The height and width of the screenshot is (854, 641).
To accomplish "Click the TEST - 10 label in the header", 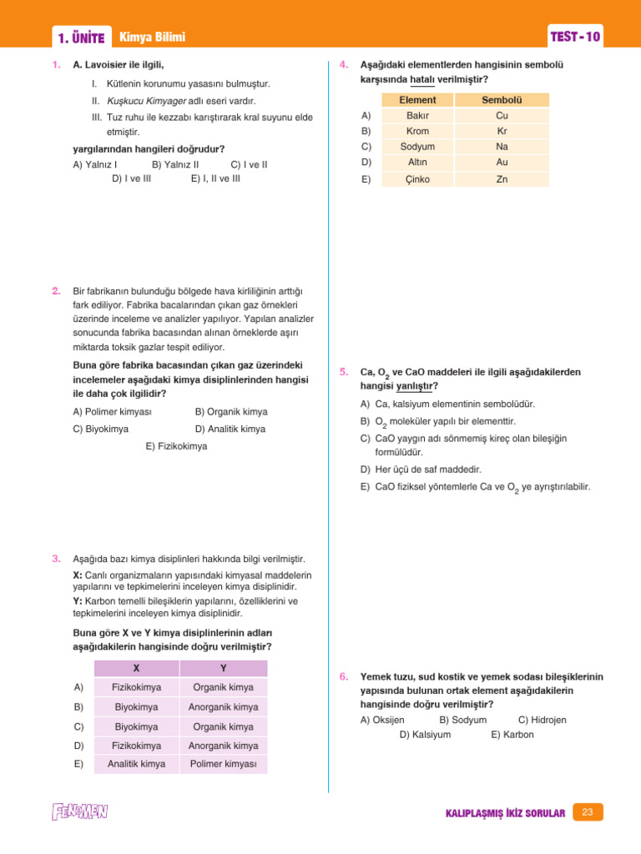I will coord(575,38).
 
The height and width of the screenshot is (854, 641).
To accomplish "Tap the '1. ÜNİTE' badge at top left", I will coord(81,38).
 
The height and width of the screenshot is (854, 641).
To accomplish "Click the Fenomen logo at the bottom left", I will coord(79,811).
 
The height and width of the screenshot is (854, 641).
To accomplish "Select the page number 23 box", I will coord(588,812).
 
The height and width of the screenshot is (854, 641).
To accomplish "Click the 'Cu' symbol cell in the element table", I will coord(502,116).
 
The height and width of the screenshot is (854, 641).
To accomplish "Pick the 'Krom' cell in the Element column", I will coord(417,132).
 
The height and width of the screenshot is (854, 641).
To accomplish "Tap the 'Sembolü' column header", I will coord(502,100).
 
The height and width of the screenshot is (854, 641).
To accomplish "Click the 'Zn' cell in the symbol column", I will coord(502,179).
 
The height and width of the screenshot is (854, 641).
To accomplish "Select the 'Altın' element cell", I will coord(417,163).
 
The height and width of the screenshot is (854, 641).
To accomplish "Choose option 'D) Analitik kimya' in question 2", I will coord(230,430).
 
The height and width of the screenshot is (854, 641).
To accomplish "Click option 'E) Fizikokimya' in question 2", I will coord(176,447).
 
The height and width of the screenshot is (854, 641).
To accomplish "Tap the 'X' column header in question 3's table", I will coord(136,669).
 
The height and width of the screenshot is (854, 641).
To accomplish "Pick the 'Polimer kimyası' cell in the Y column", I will coord(224,764).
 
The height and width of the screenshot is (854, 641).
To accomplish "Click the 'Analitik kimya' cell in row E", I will coord(136,764).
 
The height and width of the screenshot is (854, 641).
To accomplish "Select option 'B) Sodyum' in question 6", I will coord(462,720).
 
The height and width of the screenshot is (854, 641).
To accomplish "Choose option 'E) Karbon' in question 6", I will coord(512,735).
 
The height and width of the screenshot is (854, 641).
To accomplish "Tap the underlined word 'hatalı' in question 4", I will coord(422,80).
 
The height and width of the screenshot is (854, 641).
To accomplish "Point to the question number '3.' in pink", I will coord(55,559).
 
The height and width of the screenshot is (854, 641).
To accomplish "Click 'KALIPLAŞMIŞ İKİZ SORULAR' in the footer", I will coord(506,813).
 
